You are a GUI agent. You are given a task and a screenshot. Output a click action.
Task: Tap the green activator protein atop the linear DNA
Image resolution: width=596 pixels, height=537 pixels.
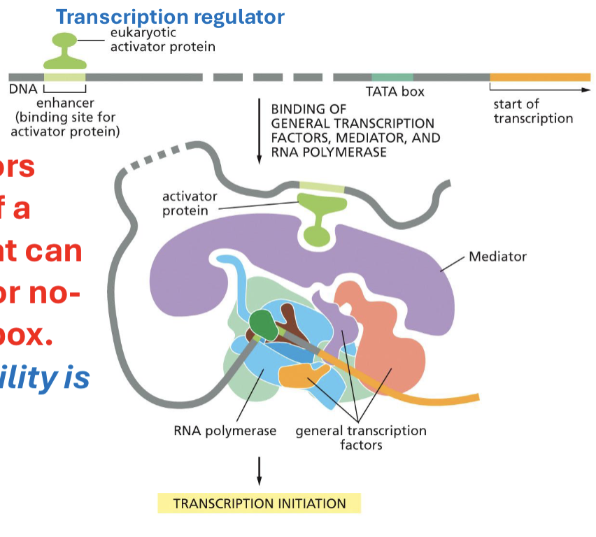64,51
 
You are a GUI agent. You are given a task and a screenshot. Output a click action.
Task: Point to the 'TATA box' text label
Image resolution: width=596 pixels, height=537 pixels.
395,92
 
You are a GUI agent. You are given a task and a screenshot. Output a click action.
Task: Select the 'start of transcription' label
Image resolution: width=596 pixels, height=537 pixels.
532,111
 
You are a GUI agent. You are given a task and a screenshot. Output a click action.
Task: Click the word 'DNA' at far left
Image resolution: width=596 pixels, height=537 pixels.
23,89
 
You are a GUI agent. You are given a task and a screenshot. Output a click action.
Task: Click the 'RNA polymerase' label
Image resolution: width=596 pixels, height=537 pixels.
225,431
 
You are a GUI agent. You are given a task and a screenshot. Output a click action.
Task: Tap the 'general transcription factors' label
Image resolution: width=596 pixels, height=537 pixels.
360,437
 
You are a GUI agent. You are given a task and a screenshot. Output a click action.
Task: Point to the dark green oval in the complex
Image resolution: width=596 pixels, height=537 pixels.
262,324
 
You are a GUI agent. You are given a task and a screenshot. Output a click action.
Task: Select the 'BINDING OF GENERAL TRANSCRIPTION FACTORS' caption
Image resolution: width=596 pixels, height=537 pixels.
355,130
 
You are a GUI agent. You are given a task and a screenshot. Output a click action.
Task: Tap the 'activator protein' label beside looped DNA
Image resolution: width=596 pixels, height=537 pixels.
190,203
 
